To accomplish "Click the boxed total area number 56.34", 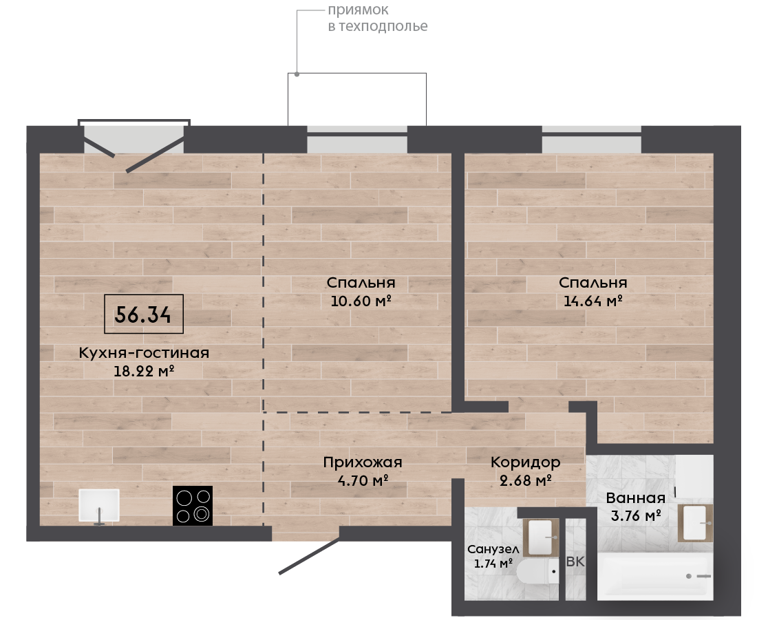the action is pos(143,314).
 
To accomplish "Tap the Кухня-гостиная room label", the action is pos(144,352).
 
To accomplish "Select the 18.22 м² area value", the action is pos(144,371).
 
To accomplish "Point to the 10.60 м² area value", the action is pos(361,301).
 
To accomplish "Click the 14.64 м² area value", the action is pos(593,301).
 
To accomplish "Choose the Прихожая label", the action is pos(363,462).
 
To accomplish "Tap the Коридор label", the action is pos(526,462).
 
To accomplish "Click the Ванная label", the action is pos(636,498).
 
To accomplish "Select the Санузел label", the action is pos(493,550).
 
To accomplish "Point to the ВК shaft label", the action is pos(575,562).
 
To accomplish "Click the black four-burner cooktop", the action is pos(193,506).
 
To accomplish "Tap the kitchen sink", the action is pos(99,505).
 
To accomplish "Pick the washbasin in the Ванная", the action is pos(695,523).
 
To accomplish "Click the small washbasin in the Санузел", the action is pos(541,537).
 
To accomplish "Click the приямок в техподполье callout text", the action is pos(378,18).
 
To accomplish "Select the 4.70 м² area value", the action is pos(363,480).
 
